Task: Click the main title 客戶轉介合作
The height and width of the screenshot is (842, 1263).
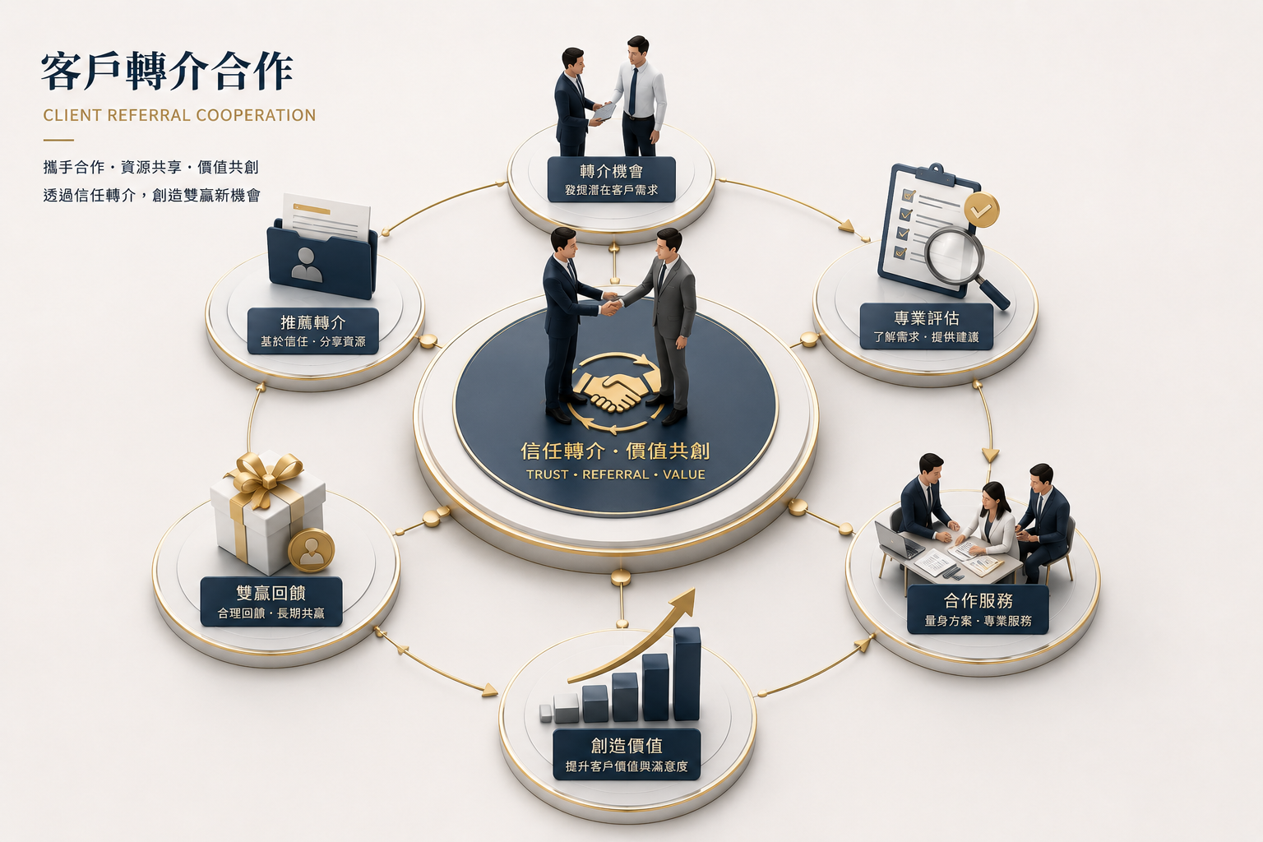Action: pyautogui.click(x=167, y=71)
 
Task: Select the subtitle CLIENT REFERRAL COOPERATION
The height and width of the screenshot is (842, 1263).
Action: pyautogui.click(x=179, y=115)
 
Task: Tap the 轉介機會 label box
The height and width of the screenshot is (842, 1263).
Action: pyautogui.click(x=611, y=179)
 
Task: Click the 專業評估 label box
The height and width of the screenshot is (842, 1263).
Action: pyautogui.click(x=927, y=326)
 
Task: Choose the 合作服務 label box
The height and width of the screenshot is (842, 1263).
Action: pyautogui.click(x=978, y=609)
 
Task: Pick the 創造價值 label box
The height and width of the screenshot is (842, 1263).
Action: pyautogui.click(x=627, y=755)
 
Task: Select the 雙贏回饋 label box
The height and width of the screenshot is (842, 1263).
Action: pyautogui.click(x=271, y=601)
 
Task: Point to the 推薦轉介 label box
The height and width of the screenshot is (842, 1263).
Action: pyautogui.click(x=313, y=331)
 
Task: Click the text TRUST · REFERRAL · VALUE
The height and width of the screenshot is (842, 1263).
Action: pyautogui.click(x=616, y=474)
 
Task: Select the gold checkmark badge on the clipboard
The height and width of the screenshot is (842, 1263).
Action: pyautogui.click(x=981, y=210)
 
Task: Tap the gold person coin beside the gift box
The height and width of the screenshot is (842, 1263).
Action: pyautogui.click(x=312, y=550)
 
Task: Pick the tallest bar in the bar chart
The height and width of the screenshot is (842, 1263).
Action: pyautogui.click(x=687, y=673)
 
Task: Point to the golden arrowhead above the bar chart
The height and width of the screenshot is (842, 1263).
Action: pyautogui.click(x=684, y=600)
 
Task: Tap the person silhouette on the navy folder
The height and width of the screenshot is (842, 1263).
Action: pyautogui.click(x=306, y=265)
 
